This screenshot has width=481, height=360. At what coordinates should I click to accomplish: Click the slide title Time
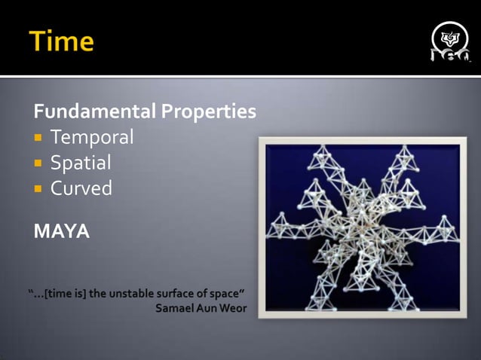[x=63, y=41]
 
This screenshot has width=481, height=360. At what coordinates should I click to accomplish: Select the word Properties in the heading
[x=208, y=112]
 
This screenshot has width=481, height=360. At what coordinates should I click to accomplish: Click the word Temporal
[x=91, y=137]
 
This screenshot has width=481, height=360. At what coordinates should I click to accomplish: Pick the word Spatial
[x=81, y=163]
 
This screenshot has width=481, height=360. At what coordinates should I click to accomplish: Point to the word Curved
[x=81, y=188]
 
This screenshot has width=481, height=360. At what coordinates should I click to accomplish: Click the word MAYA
[x=62, y=231]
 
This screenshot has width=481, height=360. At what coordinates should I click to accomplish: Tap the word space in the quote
[x=228, y=294]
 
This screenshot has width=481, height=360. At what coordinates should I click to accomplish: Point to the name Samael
[x=176, y=308]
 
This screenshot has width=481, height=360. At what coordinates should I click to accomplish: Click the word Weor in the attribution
[x=232, y=308]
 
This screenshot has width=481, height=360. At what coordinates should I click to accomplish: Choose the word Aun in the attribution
[x=207, y=308]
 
